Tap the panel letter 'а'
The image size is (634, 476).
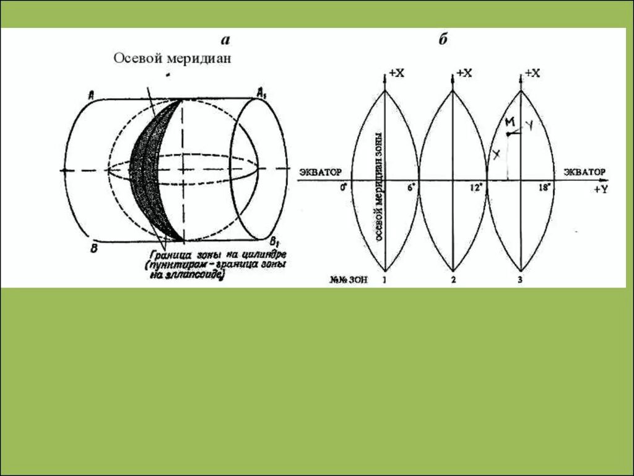pos(225,40)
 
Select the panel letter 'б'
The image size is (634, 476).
pos(443,40)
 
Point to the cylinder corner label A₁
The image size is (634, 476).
pos(263,93)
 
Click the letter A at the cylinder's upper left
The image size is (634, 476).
pos(91,95)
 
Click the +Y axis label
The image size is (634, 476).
pos(600,190)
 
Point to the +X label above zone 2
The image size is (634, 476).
pos(464,73)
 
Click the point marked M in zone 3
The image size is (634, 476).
pos(508,134)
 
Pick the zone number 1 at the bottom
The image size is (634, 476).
pos(385,280)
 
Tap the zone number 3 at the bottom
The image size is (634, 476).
pos(520,280)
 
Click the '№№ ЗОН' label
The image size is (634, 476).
pos(349,280)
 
